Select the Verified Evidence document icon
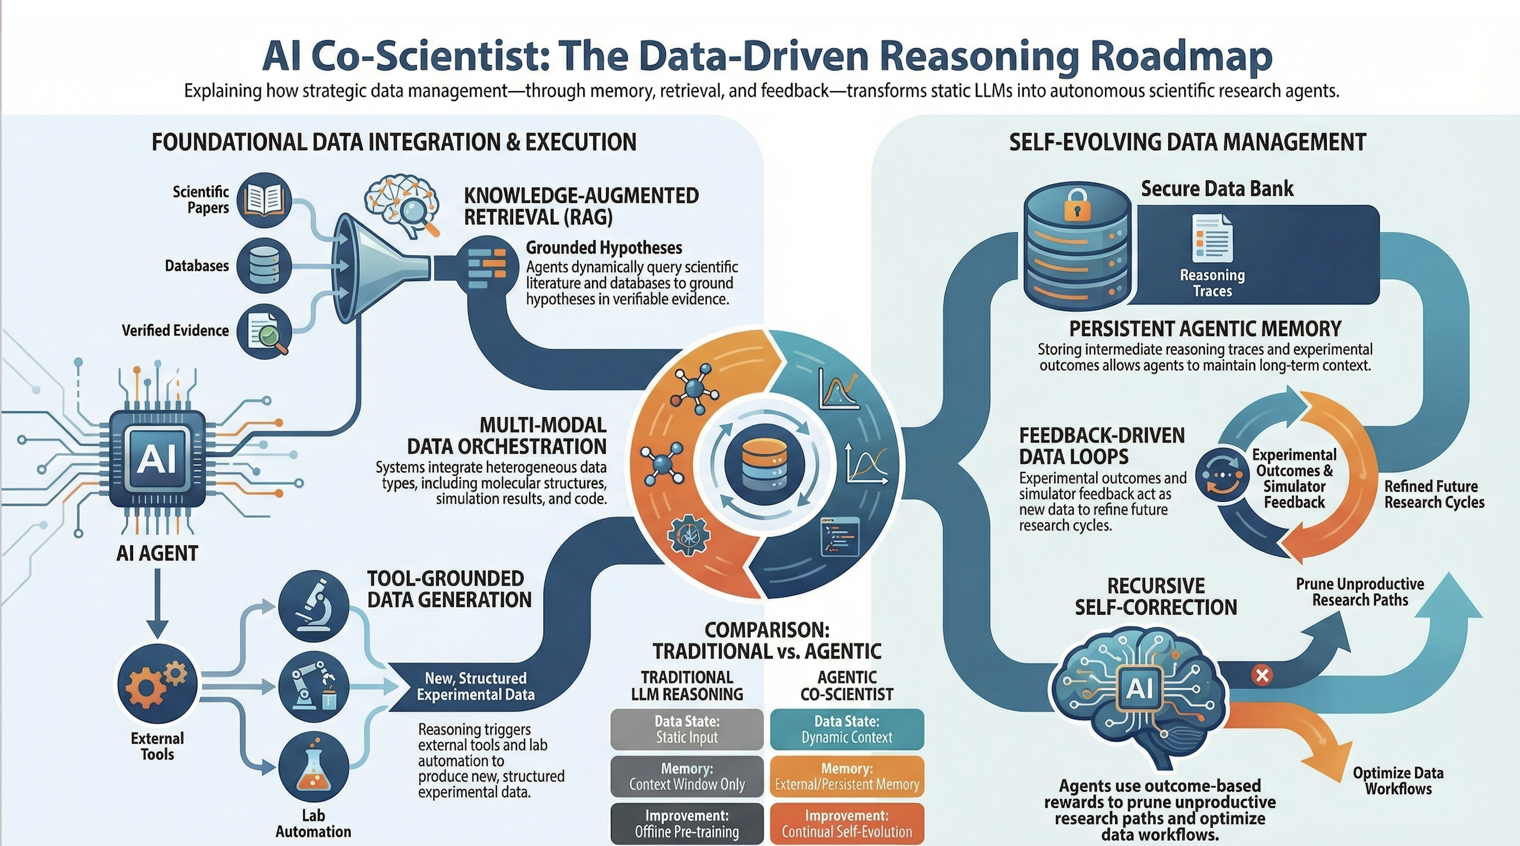coord(264,331)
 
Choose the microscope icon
coord(313,606)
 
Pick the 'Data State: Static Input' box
coord(687,729)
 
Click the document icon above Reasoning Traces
coord(1212,238)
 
